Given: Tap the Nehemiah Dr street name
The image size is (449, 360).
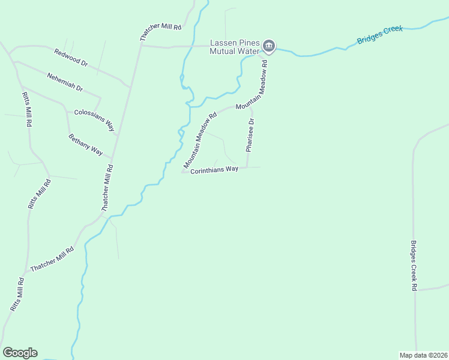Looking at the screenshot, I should pos(64,81).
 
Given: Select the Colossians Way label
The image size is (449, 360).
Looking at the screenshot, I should pos(94,119).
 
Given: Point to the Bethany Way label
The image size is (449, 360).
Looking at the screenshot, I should pos(85,145).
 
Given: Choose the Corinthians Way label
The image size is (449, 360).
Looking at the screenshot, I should pos(214,170).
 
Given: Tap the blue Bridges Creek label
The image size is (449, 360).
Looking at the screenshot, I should pos(380,35).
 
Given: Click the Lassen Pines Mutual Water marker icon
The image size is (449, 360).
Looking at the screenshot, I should pos(269,46).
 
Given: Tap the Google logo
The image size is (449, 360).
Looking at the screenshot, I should pos(20,353).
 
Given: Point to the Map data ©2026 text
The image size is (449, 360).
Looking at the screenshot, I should pos(423,355).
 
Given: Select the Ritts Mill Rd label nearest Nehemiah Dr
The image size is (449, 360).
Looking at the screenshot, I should pos(27,110).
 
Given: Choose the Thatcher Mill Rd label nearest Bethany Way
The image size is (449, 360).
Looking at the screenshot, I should pos(107,187).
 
